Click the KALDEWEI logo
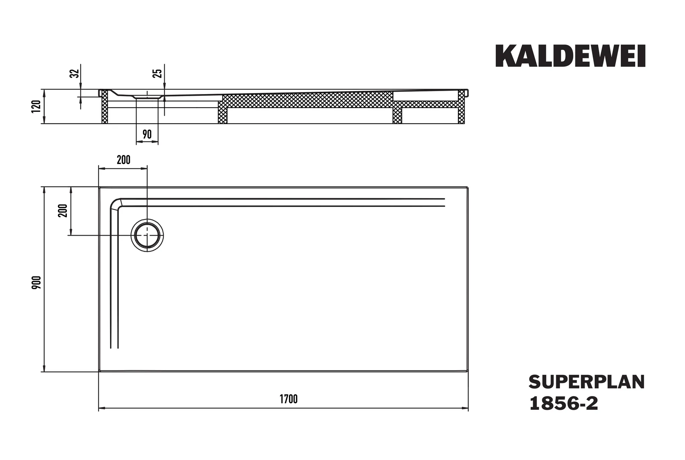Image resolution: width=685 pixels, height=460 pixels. pyautogui.click(x=570, y=56)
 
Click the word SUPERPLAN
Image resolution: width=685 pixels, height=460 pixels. pyautogui.click(x=586, y=382)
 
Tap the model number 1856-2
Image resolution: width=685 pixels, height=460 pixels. pyautogui.click(x=563, y=404)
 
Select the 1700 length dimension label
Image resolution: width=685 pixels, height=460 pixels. pyautogui.click(x=288, y=399)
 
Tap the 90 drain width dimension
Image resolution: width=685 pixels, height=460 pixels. pyautogui.click(x=147, y=134)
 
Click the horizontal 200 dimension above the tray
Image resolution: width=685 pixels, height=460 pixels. pyautogui.click(x=123, y=160)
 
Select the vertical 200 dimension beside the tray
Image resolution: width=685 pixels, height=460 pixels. pyautogui.click(x=63, y=211)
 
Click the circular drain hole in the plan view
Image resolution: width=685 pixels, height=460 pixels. pyautogui.click(x=147, y=235)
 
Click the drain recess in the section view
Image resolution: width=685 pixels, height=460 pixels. pyautogui.click(x=147, y=96)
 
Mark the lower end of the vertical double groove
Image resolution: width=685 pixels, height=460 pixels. pyautogui.click(x=114, y=348)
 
